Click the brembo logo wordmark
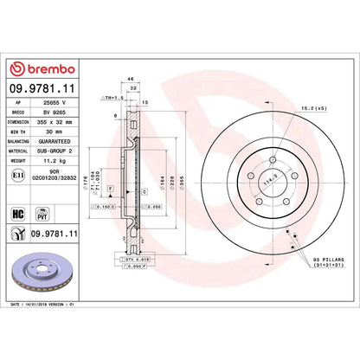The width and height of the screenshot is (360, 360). coord(43,69)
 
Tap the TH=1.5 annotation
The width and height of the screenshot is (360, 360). coord(114,98)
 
